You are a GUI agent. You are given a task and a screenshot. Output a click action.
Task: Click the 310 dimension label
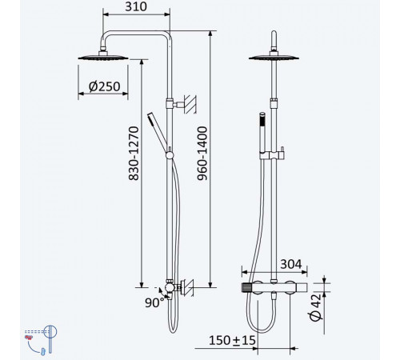click(136, 6)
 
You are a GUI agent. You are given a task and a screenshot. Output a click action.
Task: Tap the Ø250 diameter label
click(104, 86)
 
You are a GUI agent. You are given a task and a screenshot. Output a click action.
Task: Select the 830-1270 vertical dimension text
click(134, 154)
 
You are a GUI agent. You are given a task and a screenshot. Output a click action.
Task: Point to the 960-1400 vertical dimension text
click(202, 154)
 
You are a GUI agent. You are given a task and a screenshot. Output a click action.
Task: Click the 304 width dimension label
click(291, 264)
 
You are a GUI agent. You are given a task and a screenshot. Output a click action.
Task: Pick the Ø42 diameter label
click(316, 307)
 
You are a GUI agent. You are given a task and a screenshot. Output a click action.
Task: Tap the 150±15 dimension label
click(232, 341)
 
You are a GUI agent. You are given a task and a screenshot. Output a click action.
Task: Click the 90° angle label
click(154, 302)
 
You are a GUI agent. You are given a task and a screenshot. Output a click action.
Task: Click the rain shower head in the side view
click(103, 57)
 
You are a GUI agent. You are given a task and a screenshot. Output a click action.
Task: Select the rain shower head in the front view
click(274, 57)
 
